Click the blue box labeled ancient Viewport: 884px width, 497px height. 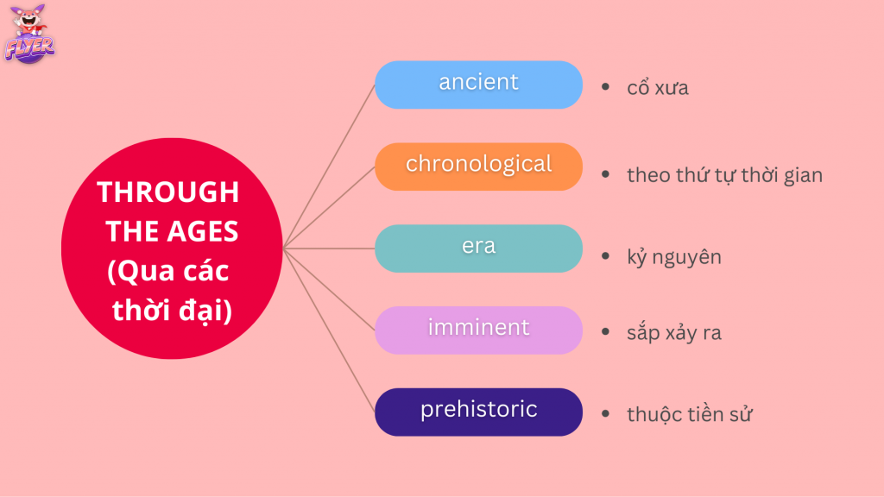[478, 85]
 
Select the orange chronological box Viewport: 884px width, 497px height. [478, 166]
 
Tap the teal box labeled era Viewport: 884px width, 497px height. [478, 248]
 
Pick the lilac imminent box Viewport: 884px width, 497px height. [478, 330]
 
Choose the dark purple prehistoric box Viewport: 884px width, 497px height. [478, 411]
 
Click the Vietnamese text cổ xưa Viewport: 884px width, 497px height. [658, 88]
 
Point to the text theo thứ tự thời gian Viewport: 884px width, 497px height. [724, 175]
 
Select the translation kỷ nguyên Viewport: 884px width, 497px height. [674, 257]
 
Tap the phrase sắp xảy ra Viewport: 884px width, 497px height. [674, 333]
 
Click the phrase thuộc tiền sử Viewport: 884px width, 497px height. [690, 414]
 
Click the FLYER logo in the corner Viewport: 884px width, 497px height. [29, 40]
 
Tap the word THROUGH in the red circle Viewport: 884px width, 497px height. [168, 192]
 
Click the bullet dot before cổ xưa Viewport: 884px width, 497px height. [606, 88]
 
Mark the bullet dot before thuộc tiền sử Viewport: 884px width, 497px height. [606, 414]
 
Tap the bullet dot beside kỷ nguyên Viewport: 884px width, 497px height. [606, 256]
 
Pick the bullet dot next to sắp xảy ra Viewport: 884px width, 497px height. [606, 333]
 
